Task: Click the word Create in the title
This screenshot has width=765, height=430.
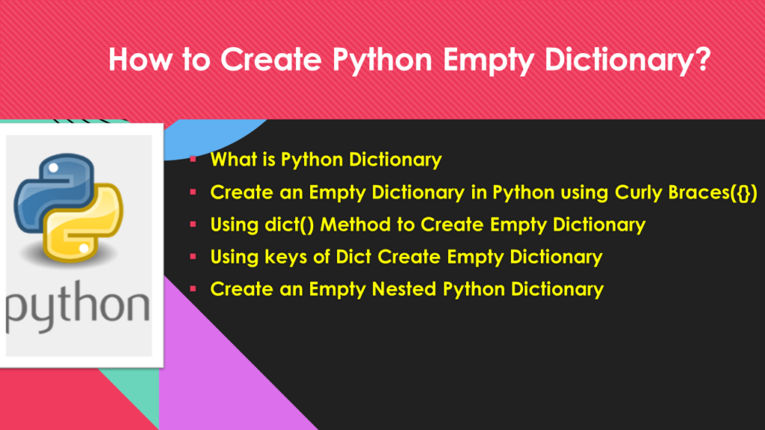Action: pos(270,59)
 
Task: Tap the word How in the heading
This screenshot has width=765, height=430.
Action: pos(140,59)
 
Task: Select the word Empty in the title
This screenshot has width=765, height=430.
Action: pos(488,61)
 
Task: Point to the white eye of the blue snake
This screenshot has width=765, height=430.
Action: pos(54,168)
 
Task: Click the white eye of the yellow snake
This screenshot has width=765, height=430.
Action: pos(84,249)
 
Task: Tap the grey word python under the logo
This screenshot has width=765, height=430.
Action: pos(78,306)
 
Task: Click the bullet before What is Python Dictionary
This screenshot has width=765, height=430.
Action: pos(193,160)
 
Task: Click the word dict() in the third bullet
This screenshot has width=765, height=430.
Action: pos(289,225)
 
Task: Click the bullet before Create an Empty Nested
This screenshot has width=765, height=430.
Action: pos(193,289)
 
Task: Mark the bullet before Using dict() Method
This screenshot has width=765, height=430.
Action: pos(193,224)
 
